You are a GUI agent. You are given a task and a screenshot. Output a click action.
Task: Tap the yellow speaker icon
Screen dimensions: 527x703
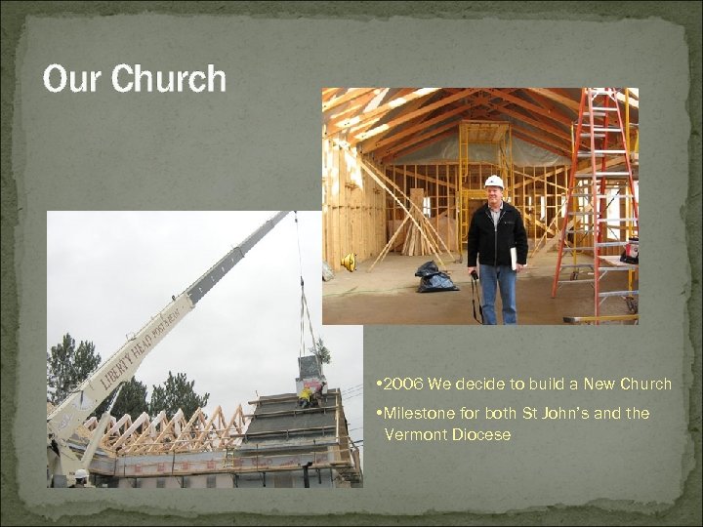[x=349, y=262]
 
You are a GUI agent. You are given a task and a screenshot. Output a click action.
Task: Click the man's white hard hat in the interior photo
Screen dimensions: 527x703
[x=494, y=182]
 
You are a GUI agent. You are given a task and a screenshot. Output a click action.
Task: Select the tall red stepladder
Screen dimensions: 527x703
[x=596, y=195]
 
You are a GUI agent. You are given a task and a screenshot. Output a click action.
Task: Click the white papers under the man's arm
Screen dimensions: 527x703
[x=514, y=258]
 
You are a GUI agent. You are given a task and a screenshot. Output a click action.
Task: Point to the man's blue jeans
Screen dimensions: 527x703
[x=498, y=293]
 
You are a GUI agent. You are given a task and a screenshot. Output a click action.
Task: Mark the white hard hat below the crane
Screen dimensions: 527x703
[x=81, y=475]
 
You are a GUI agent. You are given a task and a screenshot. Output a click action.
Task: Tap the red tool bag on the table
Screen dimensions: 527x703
[x=630, y=252]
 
